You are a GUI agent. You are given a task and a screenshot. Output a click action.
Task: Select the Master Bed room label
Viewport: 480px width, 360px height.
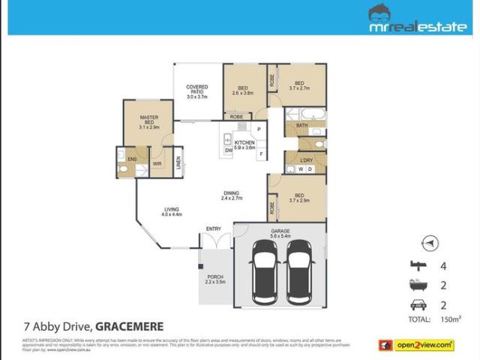coord(149,122)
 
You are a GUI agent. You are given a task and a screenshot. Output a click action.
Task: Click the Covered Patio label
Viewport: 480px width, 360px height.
coord(196,92)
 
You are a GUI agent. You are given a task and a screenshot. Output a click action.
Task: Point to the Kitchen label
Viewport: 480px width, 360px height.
coord(245,145)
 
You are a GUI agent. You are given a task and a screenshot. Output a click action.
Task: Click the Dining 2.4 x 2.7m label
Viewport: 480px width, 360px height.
coord(232,196)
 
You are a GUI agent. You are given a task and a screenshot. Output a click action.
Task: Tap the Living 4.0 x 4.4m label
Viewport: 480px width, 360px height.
coord(172,211)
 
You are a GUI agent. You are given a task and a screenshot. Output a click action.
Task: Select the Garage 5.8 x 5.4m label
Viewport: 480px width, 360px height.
coord(279,233)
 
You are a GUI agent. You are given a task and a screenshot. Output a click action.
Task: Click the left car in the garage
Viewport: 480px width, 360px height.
coord(265,271)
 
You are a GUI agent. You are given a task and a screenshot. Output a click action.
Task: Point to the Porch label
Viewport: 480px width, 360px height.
coord(215,279)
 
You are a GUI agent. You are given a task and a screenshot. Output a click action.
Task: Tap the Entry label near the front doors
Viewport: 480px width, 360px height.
coord(214,229)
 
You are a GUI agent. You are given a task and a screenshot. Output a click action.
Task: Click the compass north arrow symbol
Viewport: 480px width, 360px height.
coord(428,243)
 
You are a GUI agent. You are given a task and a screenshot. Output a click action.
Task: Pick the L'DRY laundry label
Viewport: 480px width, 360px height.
coord(306,160)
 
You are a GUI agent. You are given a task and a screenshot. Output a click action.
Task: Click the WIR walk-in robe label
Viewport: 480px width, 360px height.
coord(158,163)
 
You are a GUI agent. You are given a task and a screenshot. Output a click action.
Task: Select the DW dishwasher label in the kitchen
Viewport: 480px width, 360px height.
coord(228,150)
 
